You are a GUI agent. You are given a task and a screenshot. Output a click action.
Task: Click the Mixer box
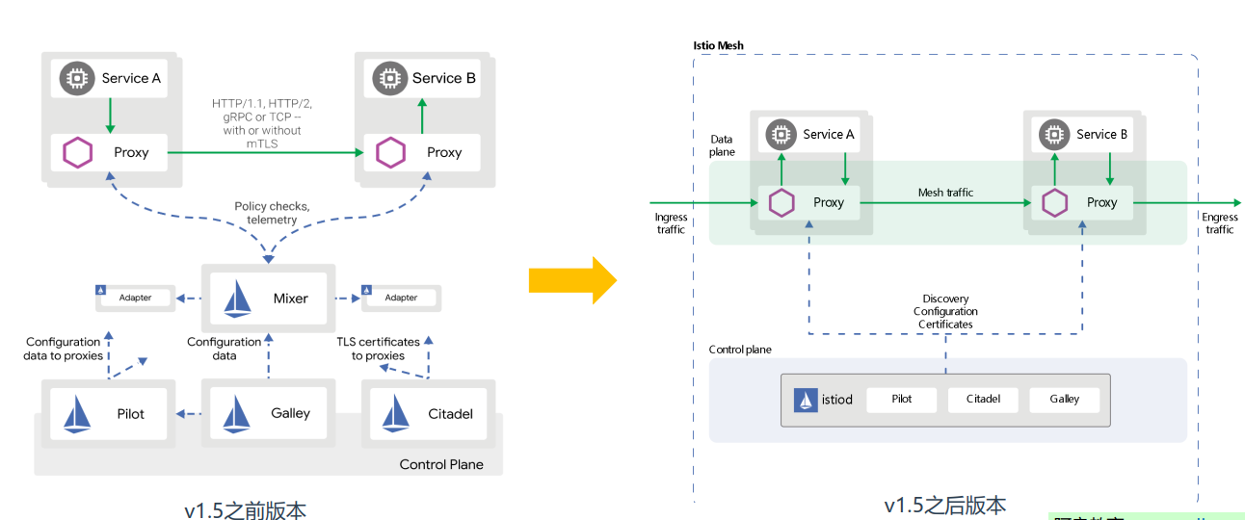268,299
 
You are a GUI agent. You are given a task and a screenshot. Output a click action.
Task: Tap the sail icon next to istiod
806,400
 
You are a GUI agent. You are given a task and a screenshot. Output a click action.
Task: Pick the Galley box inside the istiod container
1064,400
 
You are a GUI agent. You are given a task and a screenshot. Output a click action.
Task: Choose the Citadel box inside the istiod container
983,400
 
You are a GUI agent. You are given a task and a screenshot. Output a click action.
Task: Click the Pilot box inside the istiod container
901,400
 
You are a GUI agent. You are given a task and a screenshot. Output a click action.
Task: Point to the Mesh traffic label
945,193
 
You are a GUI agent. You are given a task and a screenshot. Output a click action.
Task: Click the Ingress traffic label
671,223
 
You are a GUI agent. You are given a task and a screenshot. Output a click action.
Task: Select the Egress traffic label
1219,223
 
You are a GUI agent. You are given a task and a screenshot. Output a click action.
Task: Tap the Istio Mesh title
718,46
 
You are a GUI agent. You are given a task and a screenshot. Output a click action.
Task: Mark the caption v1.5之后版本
944,505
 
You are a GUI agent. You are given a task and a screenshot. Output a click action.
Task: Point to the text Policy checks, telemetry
272,213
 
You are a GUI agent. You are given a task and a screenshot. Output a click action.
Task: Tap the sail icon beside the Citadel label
395,413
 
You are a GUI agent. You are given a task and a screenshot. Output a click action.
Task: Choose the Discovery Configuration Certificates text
945,311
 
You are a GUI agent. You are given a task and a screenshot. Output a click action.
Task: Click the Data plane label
722,145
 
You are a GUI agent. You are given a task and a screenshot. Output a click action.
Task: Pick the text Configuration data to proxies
63,349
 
